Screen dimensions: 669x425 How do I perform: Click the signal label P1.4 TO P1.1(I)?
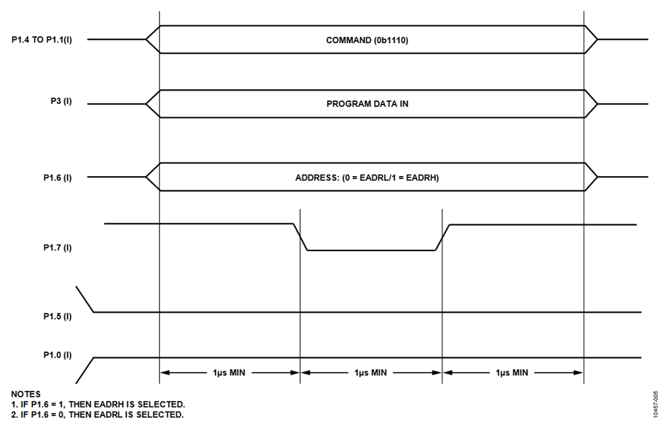click(42, 39)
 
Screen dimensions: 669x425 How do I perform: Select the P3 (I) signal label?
click(61, 102)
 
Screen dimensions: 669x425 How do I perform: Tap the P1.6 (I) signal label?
click(57, 178)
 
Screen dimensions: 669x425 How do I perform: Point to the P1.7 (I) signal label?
click(57, 247)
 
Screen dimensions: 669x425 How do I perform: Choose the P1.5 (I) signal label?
click(57, 317)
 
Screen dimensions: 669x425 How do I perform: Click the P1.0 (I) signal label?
click(57, 355)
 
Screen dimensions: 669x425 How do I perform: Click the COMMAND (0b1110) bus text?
click(367, 40)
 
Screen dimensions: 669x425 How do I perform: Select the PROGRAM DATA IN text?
click(367, 103)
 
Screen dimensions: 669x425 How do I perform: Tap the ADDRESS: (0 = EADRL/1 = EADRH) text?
click(367, 178)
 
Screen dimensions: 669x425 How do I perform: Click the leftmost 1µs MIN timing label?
click(229, 372)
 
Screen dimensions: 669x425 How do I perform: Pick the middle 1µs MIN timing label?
click(370, 372)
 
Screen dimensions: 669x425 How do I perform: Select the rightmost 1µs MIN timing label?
click(511, 372)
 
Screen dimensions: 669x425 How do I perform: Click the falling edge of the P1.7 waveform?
click(300, 237)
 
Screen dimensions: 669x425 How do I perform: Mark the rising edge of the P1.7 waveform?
click(442, 237)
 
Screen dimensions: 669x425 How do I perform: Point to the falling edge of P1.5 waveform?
click(85, 299)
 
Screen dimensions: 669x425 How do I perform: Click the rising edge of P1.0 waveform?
click(85, 371)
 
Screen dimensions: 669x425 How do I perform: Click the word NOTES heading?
click(25, 394)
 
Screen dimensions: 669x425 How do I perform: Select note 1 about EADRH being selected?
click(98, 404)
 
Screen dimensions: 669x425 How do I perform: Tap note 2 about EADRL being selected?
click(97, 415)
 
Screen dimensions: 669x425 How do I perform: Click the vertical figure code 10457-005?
click(656, 404)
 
